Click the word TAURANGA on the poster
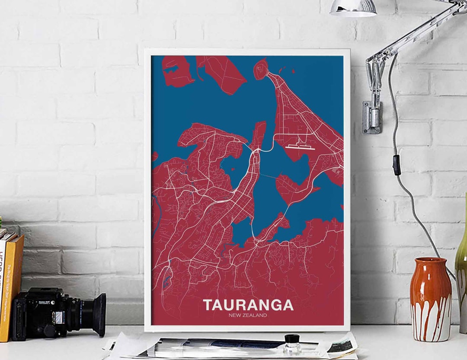(x=248, y=305)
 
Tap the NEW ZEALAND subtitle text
(x=248, y=315)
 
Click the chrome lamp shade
(x=353, y=7)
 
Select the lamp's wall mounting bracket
(x=372, y=117)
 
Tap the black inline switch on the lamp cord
(x=396, y=165)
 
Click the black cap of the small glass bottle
(x=292, y=338)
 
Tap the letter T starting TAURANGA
(x=208, y=305)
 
